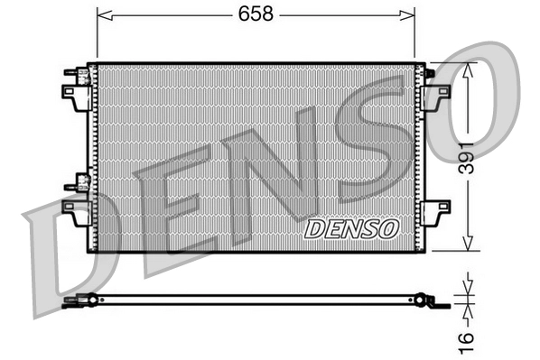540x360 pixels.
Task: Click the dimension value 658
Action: [x=255, y=14]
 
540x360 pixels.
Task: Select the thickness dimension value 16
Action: [x=465, y=340]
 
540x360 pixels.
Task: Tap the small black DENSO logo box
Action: [x=351, y=229]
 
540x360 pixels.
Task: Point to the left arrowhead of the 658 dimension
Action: [x=102, y=14]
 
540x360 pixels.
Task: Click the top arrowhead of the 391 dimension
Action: [x=467, y=69]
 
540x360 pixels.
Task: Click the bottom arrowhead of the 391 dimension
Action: [x=467, y=245]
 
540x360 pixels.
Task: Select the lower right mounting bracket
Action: [x=437, y=214]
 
